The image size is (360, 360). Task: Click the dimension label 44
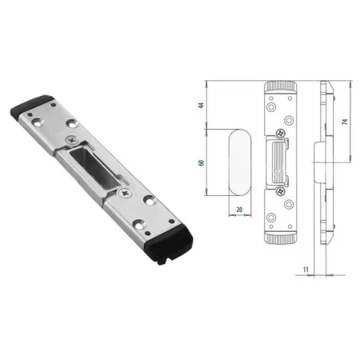(x=202, y=105)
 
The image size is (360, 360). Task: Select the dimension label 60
(x=202, y=162)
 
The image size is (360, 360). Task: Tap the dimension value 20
(x=239, y=210)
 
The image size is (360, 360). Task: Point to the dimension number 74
(x=345, y=122)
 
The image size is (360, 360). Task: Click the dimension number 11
(x=306, y=270)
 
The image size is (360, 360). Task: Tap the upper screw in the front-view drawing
(x=280, y=133)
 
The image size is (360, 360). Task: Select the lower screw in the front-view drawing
(x=280, y=190)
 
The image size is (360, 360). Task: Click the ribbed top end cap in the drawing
(x=281, y=87)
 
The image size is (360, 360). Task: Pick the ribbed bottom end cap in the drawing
(x=281, y=238)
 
